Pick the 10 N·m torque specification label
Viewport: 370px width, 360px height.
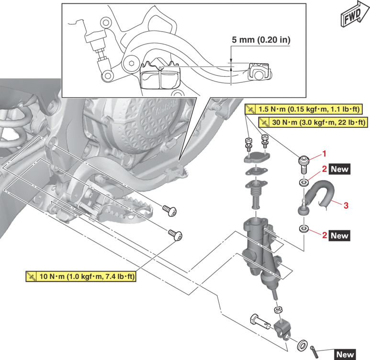click(x=81, y=277)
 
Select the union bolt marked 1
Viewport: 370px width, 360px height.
click(x=303, y=162)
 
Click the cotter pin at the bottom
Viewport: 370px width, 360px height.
click(x=314, y=348)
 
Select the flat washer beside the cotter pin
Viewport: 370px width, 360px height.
click(x=303, y=344)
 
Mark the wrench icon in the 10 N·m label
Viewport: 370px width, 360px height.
click(x=32, y=277)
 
